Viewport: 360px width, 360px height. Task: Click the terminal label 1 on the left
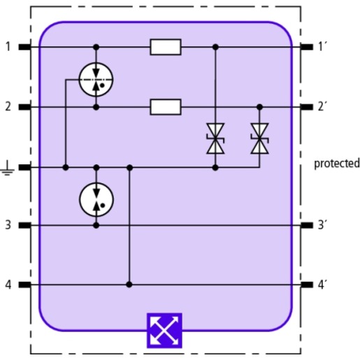pos(8,46)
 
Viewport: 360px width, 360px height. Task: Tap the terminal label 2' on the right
pos(322,106)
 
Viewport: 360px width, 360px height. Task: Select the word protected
pos(337,164)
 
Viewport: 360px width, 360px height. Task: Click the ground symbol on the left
pos(8,168)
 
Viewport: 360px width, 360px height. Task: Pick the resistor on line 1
pos(166,47)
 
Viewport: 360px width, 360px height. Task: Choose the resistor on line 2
pos(166,107)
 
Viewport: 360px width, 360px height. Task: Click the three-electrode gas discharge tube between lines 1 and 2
pos(96,80)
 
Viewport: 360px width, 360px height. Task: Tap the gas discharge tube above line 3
pos(96,200)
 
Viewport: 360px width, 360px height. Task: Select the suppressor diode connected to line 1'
pos(215,138)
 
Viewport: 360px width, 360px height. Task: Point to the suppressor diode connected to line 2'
pos(259,138)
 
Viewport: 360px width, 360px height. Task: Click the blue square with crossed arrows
pos(164,331)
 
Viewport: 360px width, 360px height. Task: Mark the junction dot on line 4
pos(129,285)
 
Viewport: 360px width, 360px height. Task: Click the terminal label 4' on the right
pos(322,285)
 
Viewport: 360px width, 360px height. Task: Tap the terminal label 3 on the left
pos(8,225)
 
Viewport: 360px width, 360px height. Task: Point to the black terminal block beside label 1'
pos(307,47)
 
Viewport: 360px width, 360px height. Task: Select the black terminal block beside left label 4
pos(24,285)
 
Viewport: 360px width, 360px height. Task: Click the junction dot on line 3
pos(96,225)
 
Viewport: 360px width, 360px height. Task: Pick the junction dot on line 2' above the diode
pos(259,107)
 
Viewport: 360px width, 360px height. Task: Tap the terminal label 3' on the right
pos(322,225)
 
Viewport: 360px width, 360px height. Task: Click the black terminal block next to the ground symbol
pos(24,167)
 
